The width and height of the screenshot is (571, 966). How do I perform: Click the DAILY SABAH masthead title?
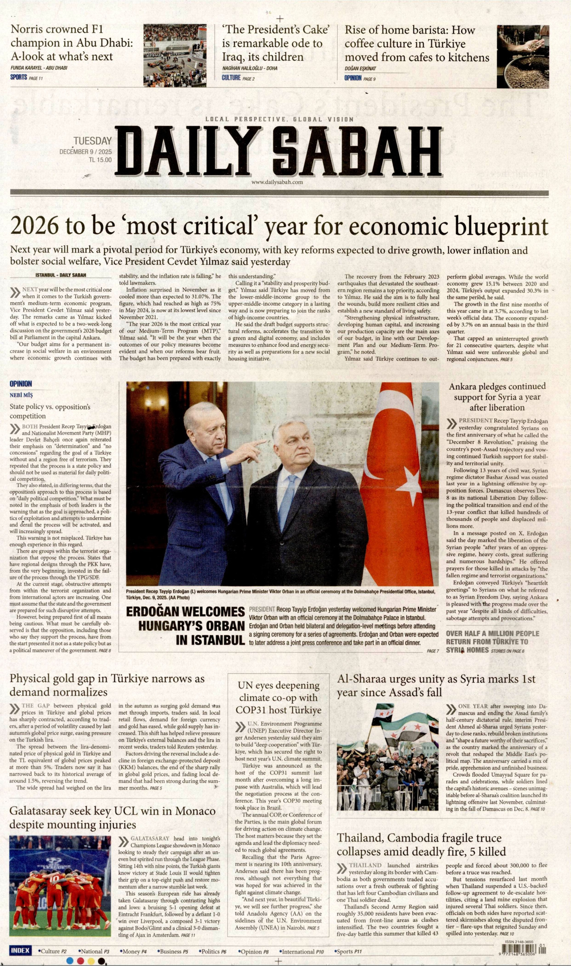[x=279, y=152]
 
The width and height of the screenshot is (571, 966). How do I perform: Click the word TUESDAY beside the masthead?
[x=92, y=141]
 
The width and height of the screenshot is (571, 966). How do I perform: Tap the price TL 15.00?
[x=100, y=160]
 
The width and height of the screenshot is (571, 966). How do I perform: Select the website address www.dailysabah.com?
[x=277, y=182]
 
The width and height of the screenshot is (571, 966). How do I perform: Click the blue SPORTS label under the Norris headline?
[x=19, y=78]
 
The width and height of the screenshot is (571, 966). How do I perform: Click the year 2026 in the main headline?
[x=34, y=226]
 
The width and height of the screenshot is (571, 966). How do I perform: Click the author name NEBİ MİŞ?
[x=21, y=395]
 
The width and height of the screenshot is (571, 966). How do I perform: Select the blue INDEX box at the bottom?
[x=20, y=951]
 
